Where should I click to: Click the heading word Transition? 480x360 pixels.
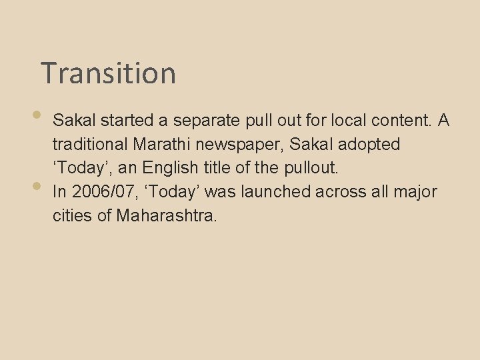[x=108, y=73]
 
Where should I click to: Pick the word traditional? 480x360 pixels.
[x=90, y=144]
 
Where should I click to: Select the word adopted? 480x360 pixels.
[x=369, y=144]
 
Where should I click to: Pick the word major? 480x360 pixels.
[x=416, y=192]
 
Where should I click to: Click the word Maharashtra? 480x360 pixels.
[x=167, y=216]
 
